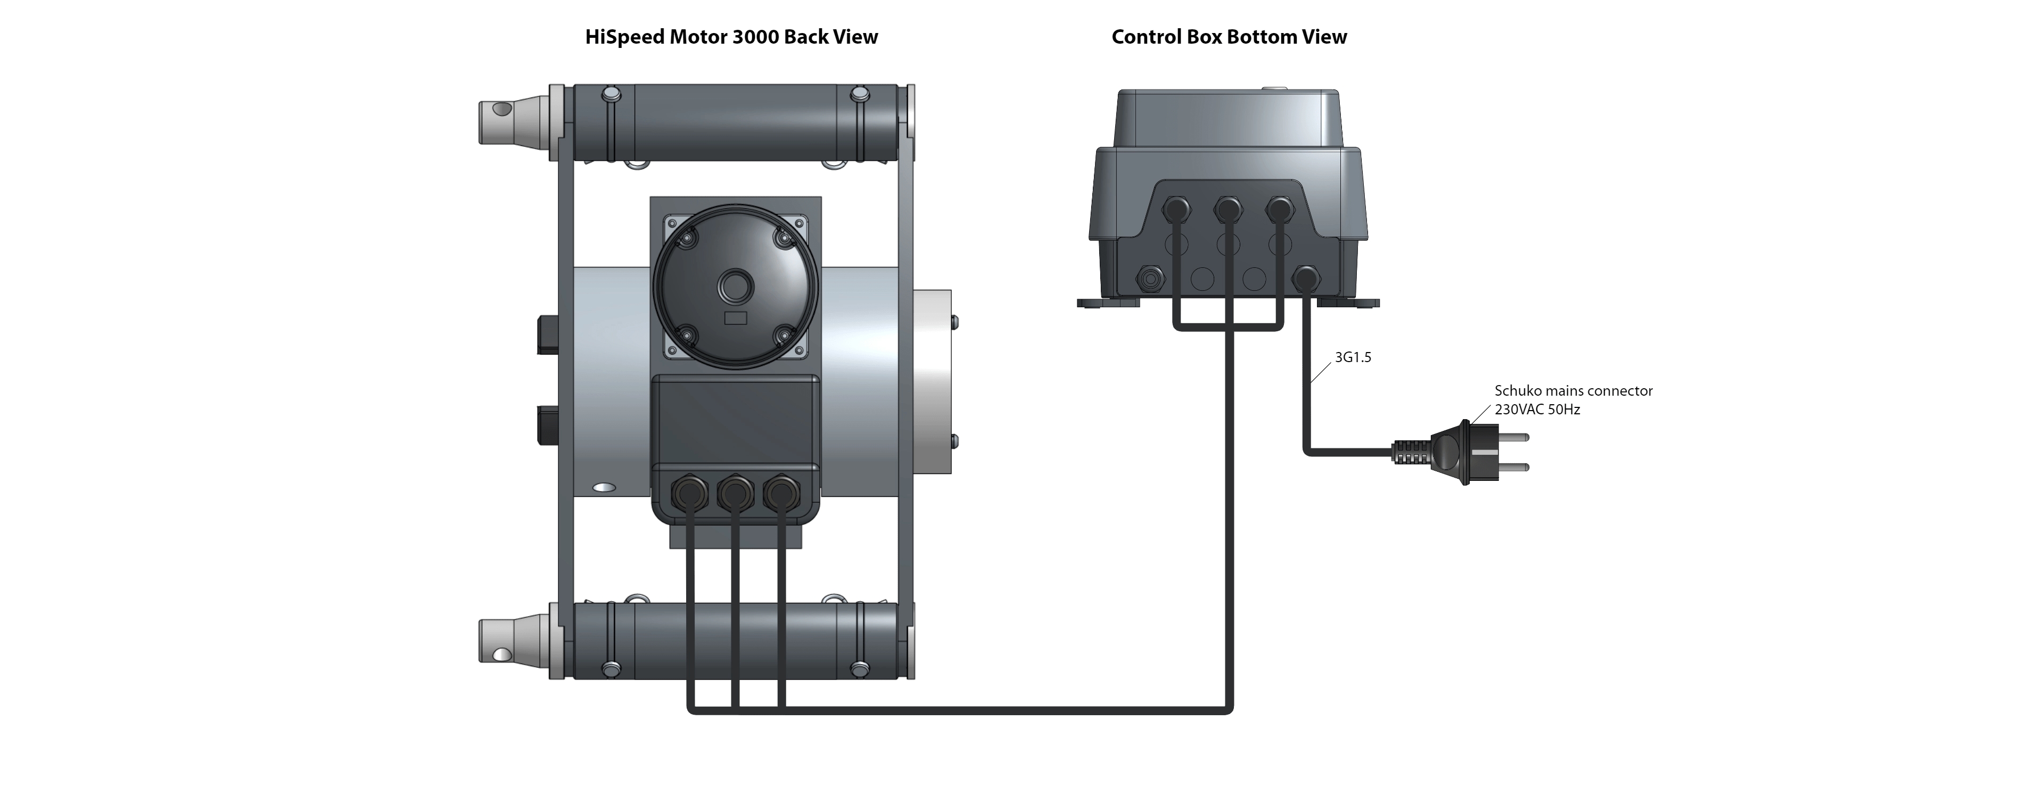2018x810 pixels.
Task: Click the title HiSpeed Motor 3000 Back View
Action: tap(731, 37)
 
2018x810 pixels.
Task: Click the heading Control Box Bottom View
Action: tap(1229, 37)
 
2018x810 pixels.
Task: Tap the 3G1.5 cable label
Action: tap(1353, 358)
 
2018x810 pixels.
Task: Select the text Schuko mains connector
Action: tap(1573, 390)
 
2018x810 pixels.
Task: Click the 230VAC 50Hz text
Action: tap(1537, 409)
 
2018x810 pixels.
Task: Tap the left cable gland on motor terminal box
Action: tap(688, 493)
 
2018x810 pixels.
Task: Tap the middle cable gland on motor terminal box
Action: tap(734, 493)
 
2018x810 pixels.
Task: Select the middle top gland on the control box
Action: tap(1228, 209)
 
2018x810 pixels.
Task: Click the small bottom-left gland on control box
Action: tap(1149, 277)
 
